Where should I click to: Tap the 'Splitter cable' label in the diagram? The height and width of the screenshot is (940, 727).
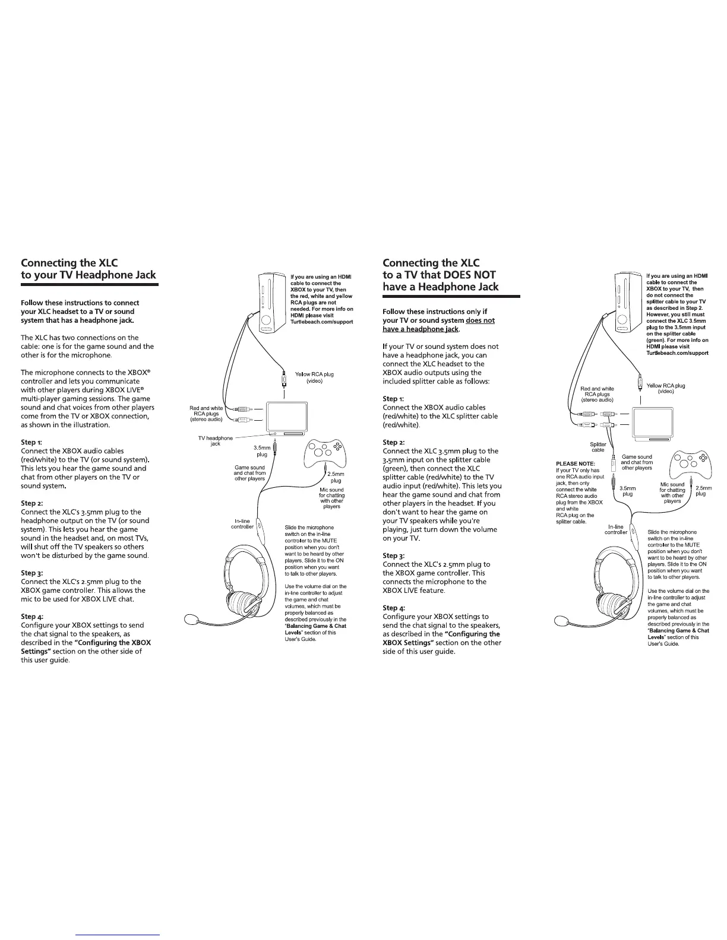[x=598, y=447]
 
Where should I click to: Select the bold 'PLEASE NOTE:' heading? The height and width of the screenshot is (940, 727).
[x=575, y=463]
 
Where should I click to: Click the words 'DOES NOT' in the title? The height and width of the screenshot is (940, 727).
[x=470, y=275]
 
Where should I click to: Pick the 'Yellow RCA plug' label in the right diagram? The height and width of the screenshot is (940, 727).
[x=665, y=388]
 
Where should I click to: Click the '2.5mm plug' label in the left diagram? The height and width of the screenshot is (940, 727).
[x=336, y=477]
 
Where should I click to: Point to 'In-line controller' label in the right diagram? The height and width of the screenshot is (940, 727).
[x=616, y=529]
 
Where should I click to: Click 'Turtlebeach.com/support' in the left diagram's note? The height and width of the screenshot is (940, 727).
[x=321, y=322]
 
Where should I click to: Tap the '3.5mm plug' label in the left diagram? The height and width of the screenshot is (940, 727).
[x=261, y=451]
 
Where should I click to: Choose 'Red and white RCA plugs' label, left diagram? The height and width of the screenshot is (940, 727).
[x=206, y=414]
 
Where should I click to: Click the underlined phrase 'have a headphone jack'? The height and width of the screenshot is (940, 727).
[x=421, y=329]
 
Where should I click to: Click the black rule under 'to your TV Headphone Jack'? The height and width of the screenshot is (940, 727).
[x=89, y=285]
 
